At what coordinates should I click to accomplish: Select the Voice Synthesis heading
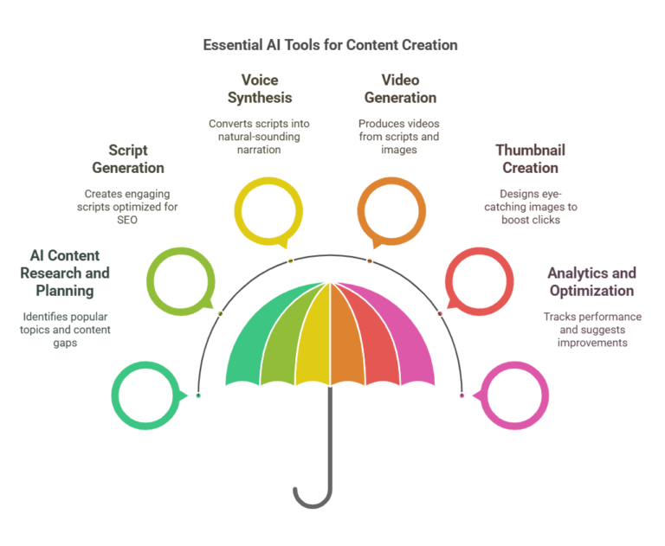click(260, 89)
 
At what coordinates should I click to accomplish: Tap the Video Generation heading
click(400, 89)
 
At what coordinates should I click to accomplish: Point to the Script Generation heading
click(128, 159)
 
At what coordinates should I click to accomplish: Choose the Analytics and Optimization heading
click(591, 282)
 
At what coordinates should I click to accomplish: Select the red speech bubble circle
click(479, 282)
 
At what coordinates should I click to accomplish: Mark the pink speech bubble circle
click(513, 395)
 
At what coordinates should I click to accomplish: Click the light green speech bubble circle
click(180, 282)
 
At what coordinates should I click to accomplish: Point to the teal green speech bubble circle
click(147, 395)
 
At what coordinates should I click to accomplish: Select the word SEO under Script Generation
click(128, 221)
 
